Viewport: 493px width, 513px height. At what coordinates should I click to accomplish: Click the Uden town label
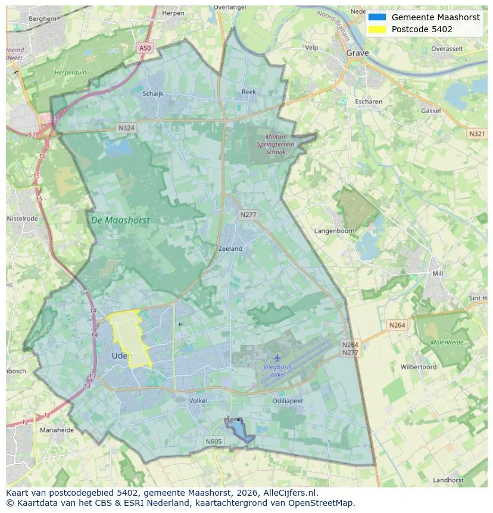click(121, 356)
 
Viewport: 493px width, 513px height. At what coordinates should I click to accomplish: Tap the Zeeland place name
click(230, 248)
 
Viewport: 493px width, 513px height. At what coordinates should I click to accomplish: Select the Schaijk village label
click(152, 94)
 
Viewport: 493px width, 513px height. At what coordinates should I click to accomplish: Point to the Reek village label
click(248, 92)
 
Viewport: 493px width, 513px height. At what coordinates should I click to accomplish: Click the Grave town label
click(357, 53)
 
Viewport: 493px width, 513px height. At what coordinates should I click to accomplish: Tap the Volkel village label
click(198, 400)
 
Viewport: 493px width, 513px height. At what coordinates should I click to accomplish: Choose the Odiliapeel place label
click(287, 401)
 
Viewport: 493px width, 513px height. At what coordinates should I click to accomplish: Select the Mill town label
click(438, 273)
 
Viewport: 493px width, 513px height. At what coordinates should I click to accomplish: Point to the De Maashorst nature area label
click(120, 220)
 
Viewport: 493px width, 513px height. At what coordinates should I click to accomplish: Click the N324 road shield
click(126, 128)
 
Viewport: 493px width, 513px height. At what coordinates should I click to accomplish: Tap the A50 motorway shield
click(145, 48)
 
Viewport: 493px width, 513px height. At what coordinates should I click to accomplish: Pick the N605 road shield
click(213, 442)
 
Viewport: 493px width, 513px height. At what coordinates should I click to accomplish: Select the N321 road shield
click(476, 134)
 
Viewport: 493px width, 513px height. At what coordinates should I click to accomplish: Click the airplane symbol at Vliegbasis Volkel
click(277, 357)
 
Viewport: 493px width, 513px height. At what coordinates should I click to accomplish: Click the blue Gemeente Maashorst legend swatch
click(377, 17)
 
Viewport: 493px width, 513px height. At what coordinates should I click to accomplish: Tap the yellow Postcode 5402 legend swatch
click(377, 29)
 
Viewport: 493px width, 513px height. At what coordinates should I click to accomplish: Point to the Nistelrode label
click(22, 219)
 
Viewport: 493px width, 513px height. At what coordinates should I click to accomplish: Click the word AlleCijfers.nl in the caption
click(288, 493)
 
